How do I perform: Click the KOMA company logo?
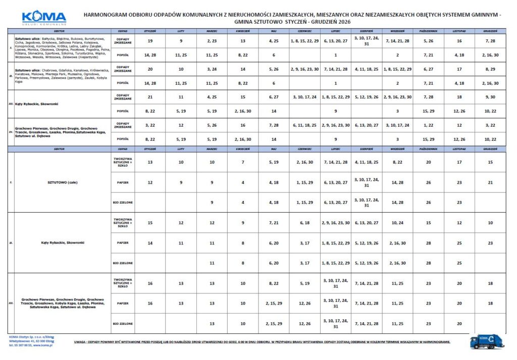tap(44, 17)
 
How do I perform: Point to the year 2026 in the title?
tap(343, 22)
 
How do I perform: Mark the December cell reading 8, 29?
tap(490, 69)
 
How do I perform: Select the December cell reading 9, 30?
tap(490, 96)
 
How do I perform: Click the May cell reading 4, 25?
tap(274, 40)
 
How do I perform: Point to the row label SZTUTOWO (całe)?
tap(62, 182)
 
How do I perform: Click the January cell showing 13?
tap(150, 163)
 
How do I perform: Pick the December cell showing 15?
tap(490, 163)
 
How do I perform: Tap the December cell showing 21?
tap(490, 182)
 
